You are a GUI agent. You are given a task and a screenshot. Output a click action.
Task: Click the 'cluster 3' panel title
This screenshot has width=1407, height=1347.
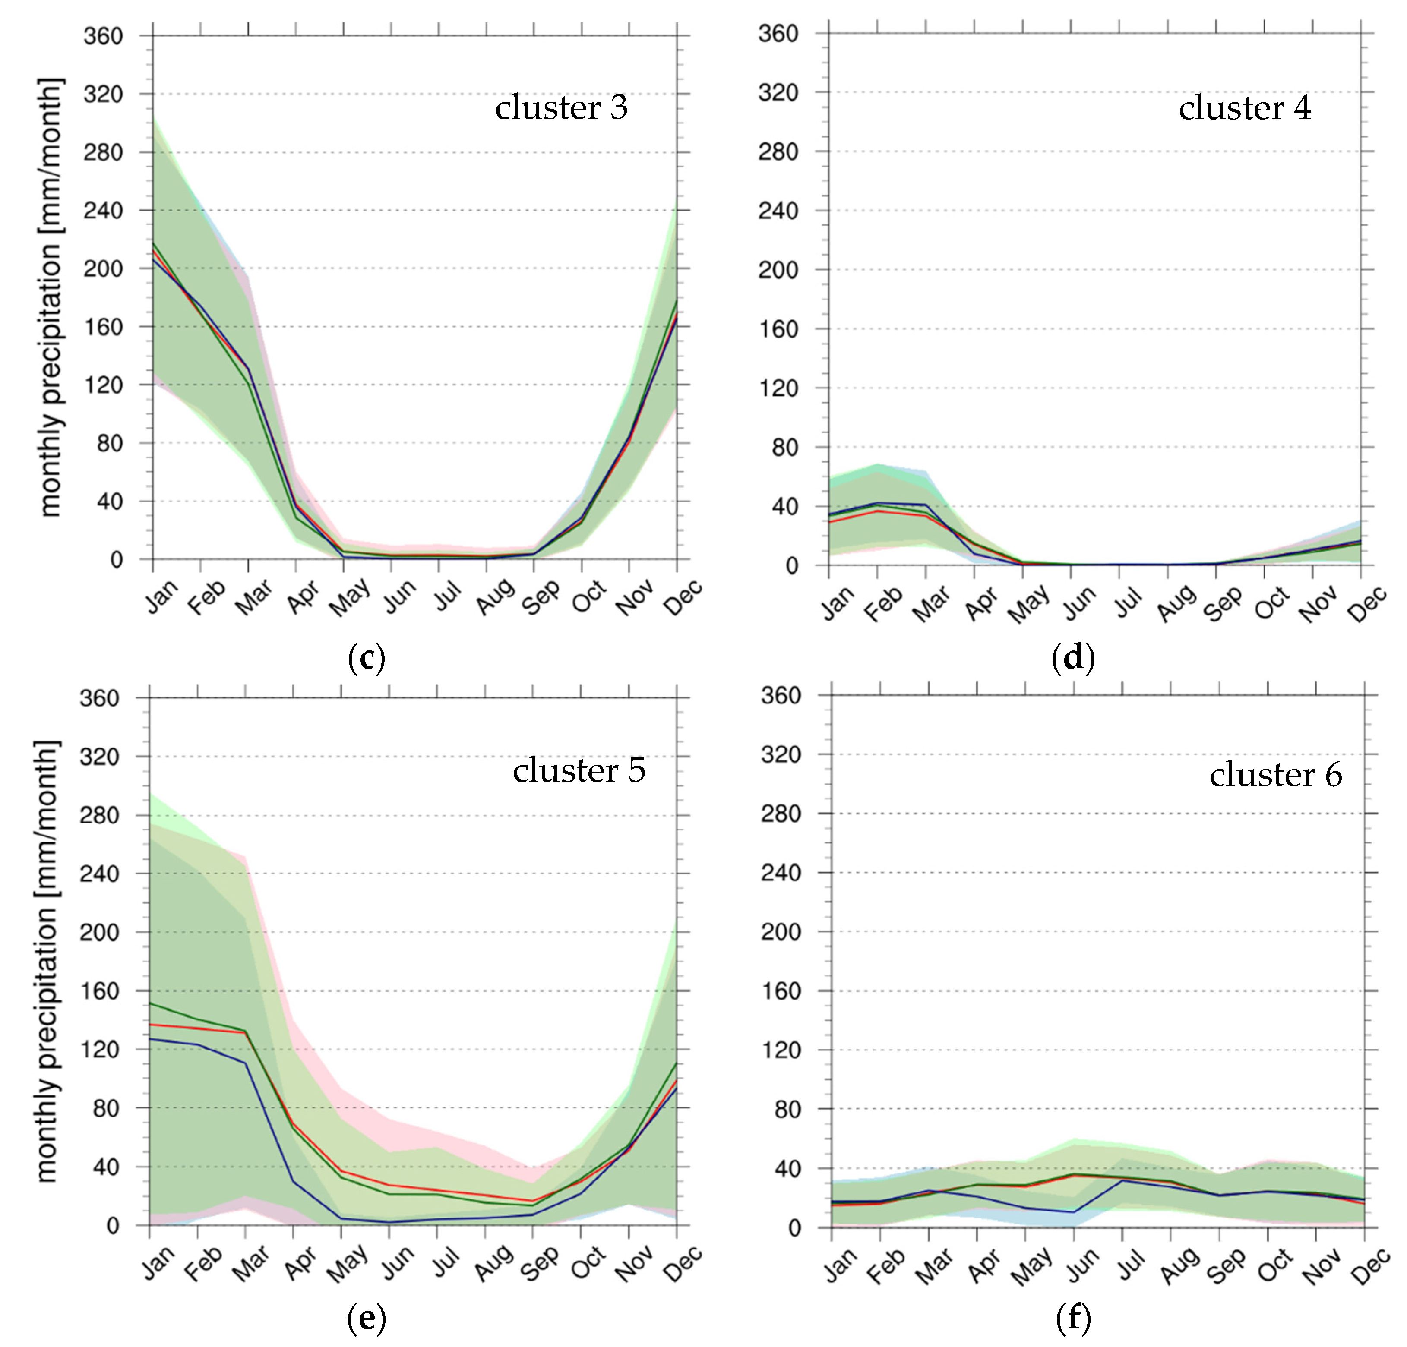coord(561,108)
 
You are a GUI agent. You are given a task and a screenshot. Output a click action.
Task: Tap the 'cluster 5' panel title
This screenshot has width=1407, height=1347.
coord(579,771)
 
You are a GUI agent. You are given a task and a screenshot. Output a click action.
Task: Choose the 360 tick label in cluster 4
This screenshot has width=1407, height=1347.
coord(778,34)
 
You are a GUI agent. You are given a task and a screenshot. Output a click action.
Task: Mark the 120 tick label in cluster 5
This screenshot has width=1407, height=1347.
coord(99,1049)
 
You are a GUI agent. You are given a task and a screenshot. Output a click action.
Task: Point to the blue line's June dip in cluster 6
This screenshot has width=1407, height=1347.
coord(1073,1212)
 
